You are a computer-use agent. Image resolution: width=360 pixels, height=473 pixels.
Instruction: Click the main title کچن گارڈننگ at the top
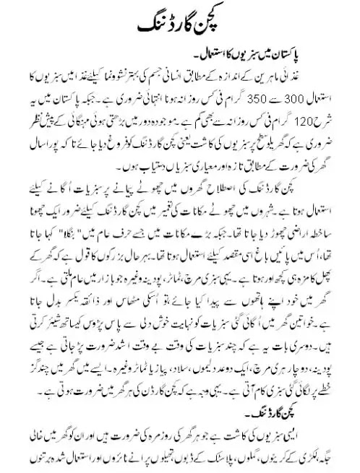pyautogui.click(x=180, y=23)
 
